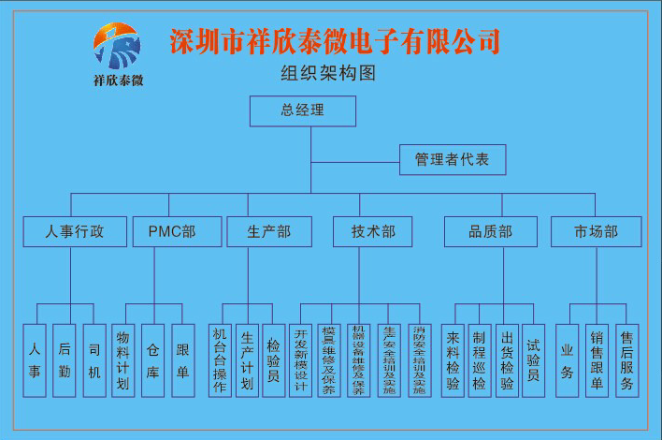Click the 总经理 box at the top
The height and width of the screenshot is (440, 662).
[302, 111]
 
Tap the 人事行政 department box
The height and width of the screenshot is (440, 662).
[75, 231]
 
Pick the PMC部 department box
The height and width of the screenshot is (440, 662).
[172, 231]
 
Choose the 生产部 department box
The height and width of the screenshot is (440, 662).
[268, 231]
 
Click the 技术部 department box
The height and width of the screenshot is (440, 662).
[373, 231]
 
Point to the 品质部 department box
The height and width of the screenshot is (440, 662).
[491, 231]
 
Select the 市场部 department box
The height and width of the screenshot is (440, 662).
[596, 231]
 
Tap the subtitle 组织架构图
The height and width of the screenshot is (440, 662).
[328, 74]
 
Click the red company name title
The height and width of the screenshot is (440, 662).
[335, 41]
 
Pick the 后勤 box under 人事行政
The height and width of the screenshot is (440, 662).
[64, 360]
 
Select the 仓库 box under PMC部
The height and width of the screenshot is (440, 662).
[153, 360]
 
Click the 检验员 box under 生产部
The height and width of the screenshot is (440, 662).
[273, 360]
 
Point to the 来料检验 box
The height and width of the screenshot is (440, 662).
[453, 360]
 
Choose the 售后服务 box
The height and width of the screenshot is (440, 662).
[626, 360]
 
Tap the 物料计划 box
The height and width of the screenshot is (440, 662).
[122, 360]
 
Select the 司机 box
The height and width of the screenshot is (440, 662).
[94, 360]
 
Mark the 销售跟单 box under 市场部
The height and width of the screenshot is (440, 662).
[597, 360]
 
